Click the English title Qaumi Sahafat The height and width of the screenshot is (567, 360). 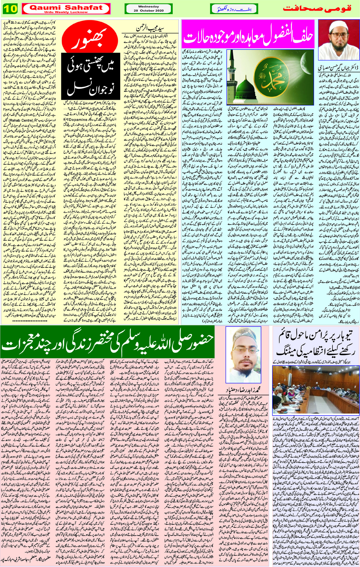66,8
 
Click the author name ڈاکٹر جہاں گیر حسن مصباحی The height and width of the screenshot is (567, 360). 338,68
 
